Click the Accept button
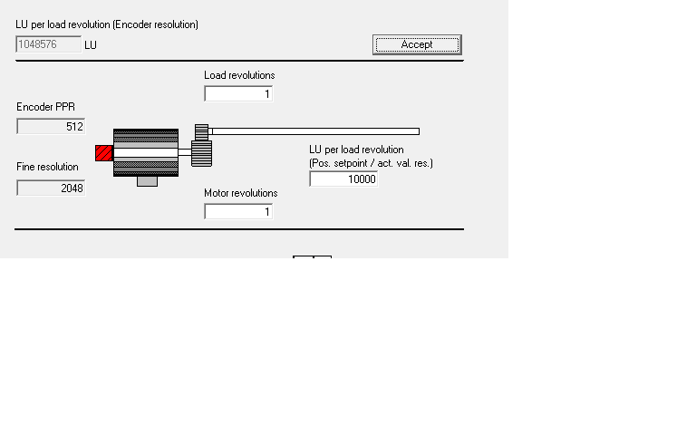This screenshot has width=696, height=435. pos(417,44)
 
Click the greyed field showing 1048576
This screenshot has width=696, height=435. pos(48,44)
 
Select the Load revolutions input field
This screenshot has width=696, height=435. pos(238,94)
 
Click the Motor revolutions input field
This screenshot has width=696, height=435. pos(238,212)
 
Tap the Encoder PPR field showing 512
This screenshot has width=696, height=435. pos(51,127)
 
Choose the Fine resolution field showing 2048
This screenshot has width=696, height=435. pos(51,188)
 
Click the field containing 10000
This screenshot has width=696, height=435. pos(343,179)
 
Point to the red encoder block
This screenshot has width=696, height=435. pos(104,153)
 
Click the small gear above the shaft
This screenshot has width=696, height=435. pos(202,131)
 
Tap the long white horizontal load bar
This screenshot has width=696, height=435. pos(314,131)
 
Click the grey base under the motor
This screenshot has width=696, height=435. pos(147,181)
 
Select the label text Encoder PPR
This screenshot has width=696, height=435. pos(45,107)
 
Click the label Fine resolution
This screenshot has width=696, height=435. pos(47,167)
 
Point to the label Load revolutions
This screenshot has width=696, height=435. pos(239,75)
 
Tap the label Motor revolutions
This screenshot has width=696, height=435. pos(240,193)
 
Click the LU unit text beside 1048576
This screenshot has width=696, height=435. pos(91,44)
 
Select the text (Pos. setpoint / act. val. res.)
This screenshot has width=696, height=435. pos(371,163)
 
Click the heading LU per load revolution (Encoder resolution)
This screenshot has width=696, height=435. pos(107,24)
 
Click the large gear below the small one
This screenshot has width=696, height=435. pos(202,153)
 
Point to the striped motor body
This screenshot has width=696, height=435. pos(145,152)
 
